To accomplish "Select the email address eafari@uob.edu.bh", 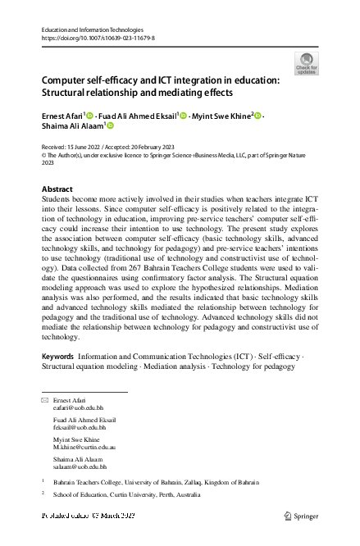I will click(x=78, y=407).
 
